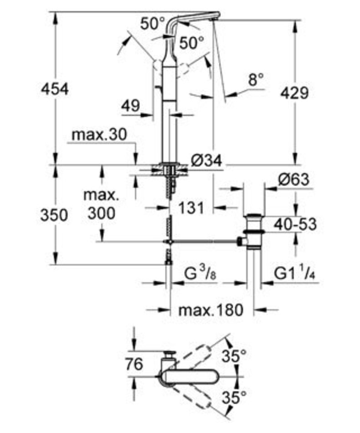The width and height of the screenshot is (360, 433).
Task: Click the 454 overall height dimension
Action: tap(54, 89)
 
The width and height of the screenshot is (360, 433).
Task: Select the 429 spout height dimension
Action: tap(294, 93)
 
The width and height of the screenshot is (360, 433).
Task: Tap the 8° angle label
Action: tap(256, 80)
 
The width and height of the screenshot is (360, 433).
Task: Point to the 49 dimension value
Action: tap(131, 105)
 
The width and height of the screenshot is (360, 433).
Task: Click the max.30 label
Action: tap(99, 135)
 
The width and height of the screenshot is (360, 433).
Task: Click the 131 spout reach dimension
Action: tap(191, 208)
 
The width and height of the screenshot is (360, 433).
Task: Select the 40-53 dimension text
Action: tap(295, 224)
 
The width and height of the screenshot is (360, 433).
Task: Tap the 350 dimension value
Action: tap(54, 215)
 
